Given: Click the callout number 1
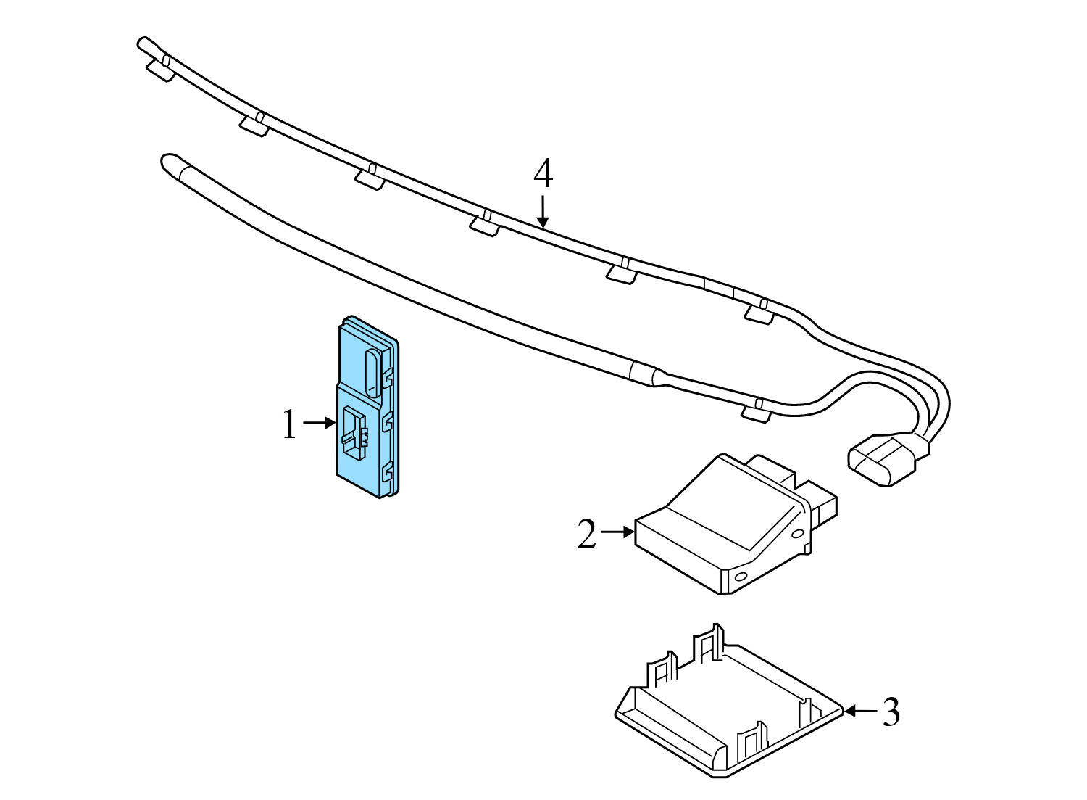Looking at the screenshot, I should (289, 425).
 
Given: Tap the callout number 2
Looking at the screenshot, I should (587, 535).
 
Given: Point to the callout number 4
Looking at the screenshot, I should (543, 175).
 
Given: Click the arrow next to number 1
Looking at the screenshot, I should (319, 422).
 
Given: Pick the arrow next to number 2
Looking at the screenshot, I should (617, 532).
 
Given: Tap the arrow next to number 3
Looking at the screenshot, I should (860, 712).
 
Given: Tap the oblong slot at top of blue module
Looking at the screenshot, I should (372, 371).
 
